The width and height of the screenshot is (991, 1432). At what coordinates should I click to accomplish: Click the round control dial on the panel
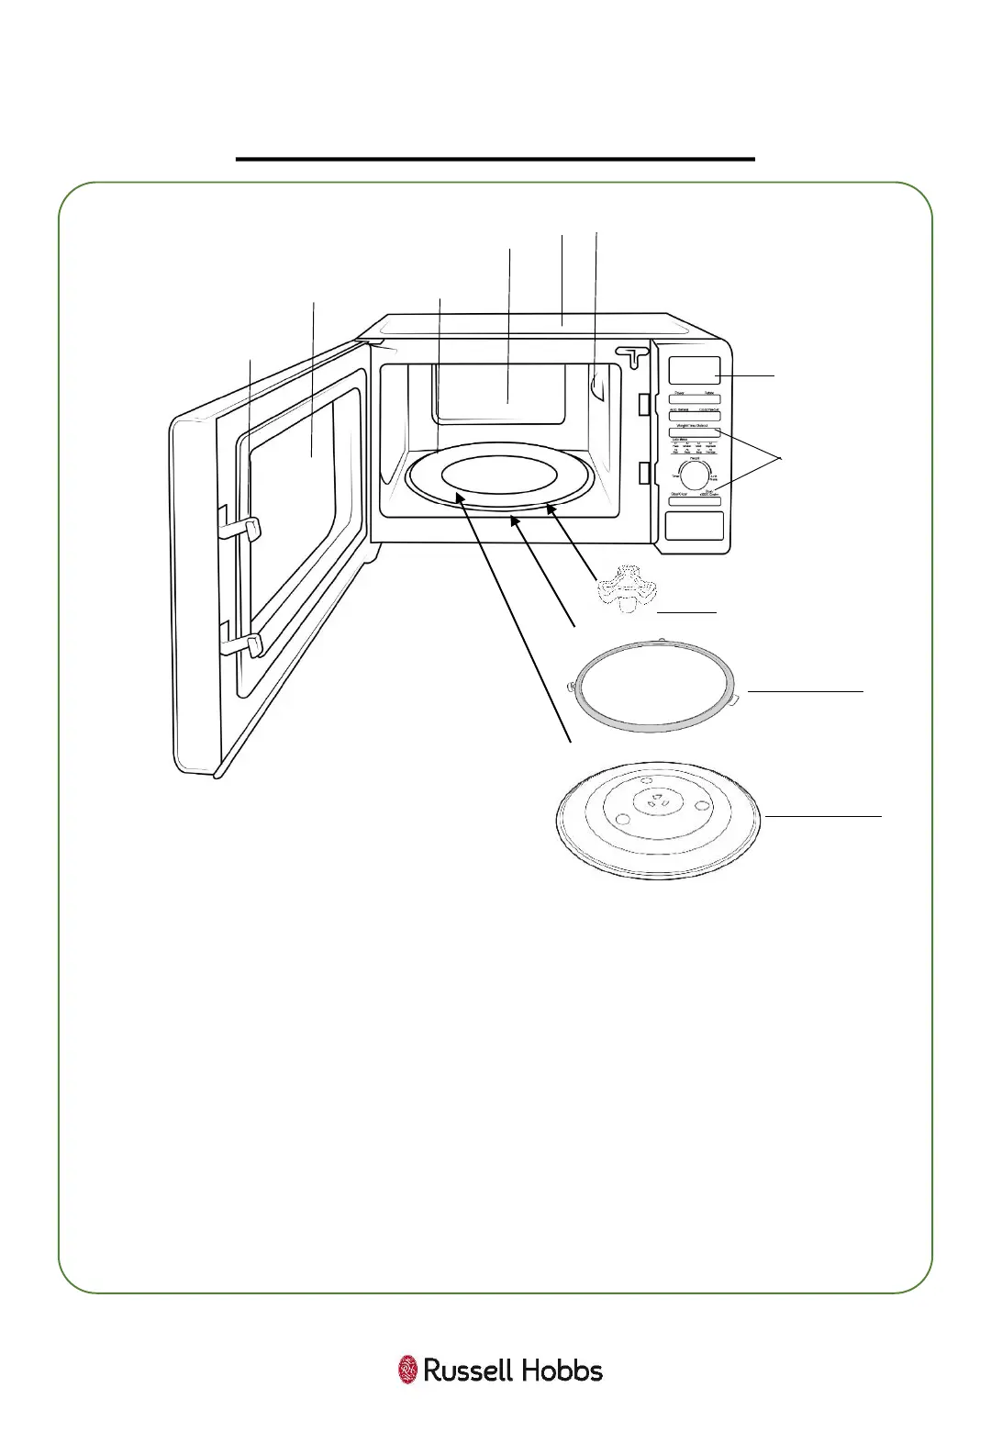(695, 475)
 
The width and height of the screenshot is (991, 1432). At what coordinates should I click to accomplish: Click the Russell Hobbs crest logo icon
(407, 1370)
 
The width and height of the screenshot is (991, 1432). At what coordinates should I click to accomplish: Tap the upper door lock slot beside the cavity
(645, 403)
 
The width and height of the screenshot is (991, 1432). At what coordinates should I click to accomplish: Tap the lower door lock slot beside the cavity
(645, 474)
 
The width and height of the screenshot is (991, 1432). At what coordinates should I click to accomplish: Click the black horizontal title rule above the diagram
(495, 159)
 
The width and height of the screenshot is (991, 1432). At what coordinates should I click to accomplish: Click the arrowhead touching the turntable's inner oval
(458, 498)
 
